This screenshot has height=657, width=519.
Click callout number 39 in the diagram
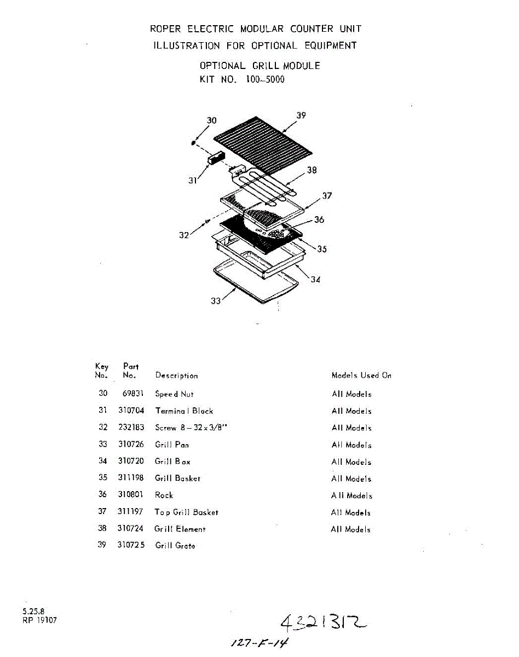click(301, 116)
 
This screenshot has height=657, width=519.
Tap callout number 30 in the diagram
click(211, 120)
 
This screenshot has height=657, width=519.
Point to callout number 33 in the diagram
click(216, 301)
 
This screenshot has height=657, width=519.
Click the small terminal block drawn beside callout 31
click(215, 157)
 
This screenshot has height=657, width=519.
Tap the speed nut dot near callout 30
click(193, 143)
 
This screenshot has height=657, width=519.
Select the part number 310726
click(131, 445)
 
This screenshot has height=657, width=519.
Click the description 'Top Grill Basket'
click(186, 512)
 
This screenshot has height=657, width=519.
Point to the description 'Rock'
click(164, 495)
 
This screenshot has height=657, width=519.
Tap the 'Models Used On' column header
click(361, 376)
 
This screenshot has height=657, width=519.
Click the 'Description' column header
click(176, 376)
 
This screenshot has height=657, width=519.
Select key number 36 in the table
click(102, 494)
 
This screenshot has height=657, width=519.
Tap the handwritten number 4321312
click(323, 622)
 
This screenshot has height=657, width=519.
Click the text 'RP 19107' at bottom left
click(39, 620)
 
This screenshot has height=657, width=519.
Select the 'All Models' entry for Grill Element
click(350, 529)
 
